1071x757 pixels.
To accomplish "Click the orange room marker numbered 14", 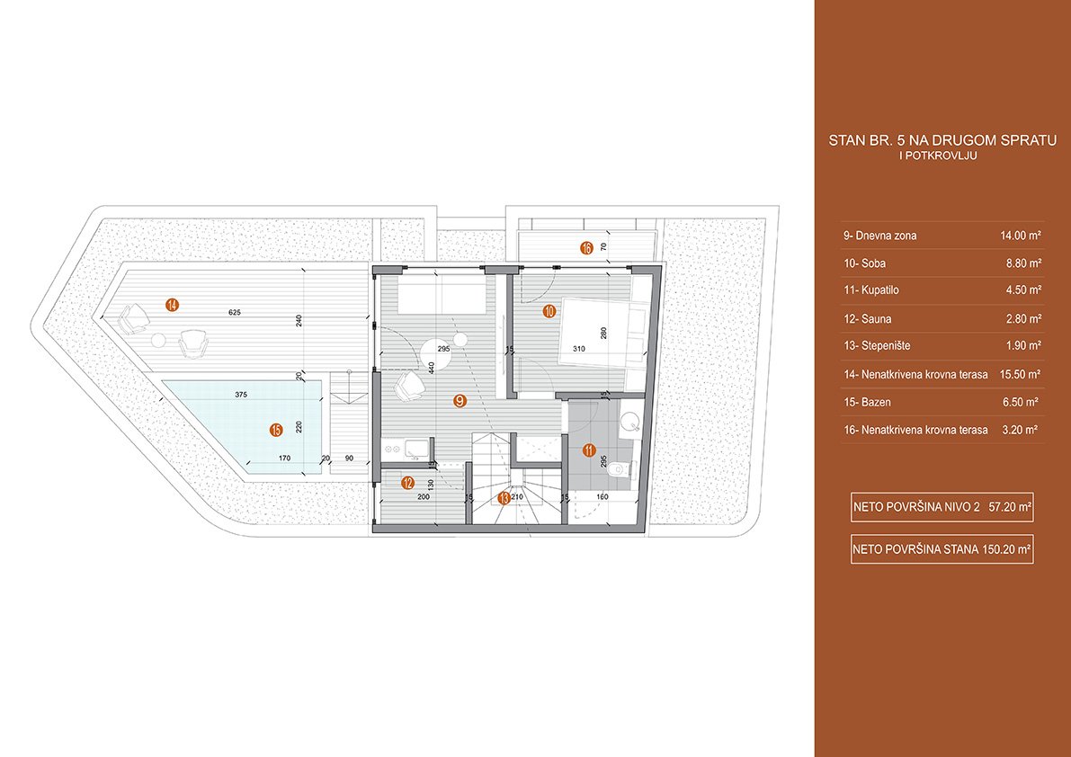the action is pyautogui.click(x=172, y=305).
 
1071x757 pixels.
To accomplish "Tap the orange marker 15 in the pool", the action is pyautogui.click(x=277, y=430).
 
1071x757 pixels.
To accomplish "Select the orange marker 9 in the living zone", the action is pyautogui.click(x=460, y=401).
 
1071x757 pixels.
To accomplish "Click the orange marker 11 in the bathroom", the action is pyautogui.click(x=589, y=450).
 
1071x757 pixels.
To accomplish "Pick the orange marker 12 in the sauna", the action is pyautogui.click(x=407, y=483).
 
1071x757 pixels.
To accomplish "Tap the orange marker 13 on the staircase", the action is pyautogui.click(x=504, y=497).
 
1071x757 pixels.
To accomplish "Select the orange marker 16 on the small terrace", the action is pyautogui.click(x=586, y=248).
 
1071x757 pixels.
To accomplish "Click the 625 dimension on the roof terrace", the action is pyautogui.click(x=236, y=313).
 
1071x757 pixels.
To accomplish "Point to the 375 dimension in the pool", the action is pyautogui.click(x=240, y=395).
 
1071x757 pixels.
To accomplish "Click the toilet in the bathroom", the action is pyautogui.click(x=620, y=468).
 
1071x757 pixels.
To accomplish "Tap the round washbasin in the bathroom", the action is pyautogui.click(x=629, y=423).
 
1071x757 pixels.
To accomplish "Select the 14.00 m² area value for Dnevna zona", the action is pyautogui.click(x=1020, y=236).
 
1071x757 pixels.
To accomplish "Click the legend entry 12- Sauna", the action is pyautogui.click(x=868, y=319).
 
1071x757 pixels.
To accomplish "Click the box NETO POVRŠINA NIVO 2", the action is pyautogui.click(x=942, y=507).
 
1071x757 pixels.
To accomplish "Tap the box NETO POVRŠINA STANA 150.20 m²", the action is pyautogui.click(x=942, y=548).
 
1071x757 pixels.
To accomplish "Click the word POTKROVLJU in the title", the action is pyautogui.click(x=945, y=156).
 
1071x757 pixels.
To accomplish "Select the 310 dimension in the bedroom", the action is pyautogui.click(x=578, y=349).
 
